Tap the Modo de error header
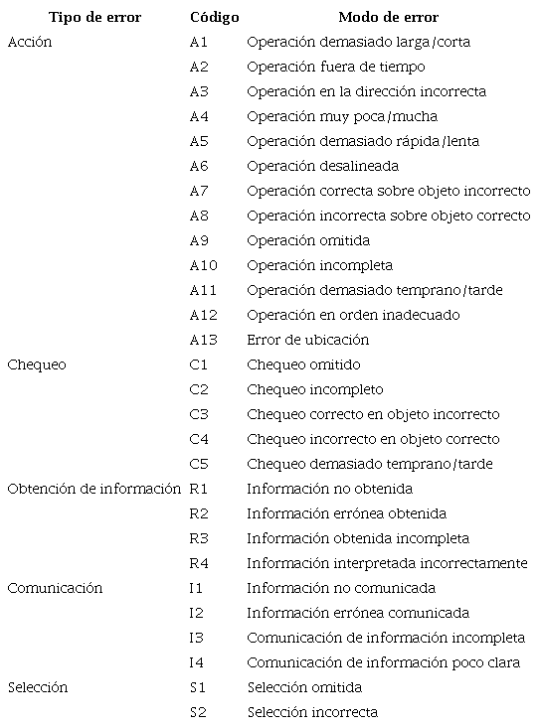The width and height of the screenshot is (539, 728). (x=388, y=18)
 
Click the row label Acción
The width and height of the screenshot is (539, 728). (x=30, y=43)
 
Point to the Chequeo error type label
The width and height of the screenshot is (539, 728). (x=37, y=364)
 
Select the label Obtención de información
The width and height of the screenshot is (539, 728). (x=94, y=489)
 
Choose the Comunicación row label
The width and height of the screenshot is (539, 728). (x=55, y=588)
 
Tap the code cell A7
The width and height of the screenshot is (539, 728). (x=199, y=191)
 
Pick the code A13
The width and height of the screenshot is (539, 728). (x=203, y=340)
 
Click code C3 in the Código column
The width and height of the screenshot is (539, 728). (x=199, y=414)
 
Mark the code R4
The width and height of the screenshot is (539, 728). (x=199, y=563)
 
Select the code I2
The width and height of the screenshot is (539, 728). (x=196, y=613)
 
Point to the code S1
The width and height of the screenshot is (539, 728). (x=198, y=687)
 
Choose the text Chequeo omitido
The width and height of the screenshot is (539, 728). (x=303, y=364)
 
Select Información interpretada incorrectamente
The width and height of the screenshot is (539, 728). (x=387, y=563)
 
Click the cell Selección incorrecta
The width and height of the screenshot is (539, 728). (x=312, y=712)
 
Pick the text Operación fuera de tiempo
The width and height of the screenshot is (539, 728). (x=336, y=67)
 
